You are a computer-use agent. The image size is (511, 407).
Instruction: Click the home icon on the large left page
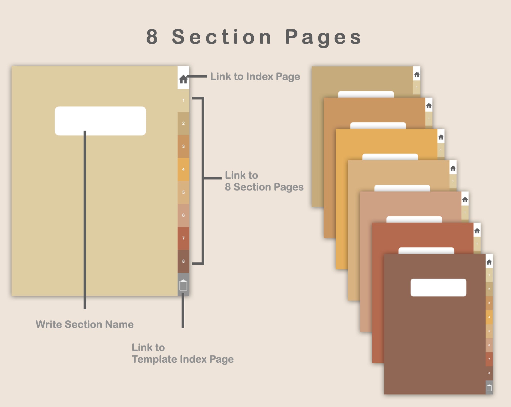tap(183, 79)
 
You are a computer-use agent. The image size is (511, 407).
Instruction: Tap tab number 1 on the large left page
tap(183, 101)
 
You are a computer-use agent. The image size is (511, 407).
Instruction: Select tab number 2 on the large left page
tap(183, 124)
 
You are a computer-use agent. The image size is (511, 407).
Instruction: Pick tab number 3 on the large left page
tap(183, 146)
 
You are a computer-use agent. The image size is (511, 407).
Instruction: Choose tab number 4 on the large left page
tap(183, 170)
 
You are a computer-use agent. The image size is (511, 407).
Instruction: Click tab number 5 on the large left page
tap(183, 192)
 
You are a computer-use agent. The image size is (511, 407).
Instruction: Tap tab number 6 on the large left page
tap(183, 215)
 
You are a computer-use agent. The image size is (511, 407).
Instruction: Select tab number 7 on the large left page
tap(183, 238)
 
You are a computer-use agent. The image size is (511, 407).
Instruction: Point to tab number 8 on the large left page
tap(183, 261)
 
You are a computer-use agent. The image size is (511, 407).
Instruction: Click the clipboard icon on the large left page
tap(183, 285)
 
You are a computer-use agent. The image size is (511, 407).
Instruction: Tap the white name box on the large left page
tap(100, 121)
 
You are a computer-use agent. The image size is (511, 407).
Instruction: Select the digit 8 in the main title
tap(152, 37)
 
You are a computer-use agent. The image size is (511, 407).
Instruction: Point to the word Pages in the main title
tap(324, 38)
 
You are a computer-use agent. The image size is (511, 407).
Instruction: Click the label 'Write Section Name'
tap(85, 324)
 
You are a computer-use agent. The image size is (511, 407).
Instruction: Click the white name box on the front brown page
tap(438, 288)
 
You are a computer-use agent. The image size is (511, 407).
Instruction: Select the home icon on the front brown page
tap(489, 262)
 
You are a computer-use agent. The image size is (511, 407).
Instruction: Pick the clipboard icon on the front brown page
tap(489, 388)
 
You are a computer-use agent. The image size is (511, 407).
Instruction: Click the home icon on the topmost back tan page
tap(417, 75)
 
